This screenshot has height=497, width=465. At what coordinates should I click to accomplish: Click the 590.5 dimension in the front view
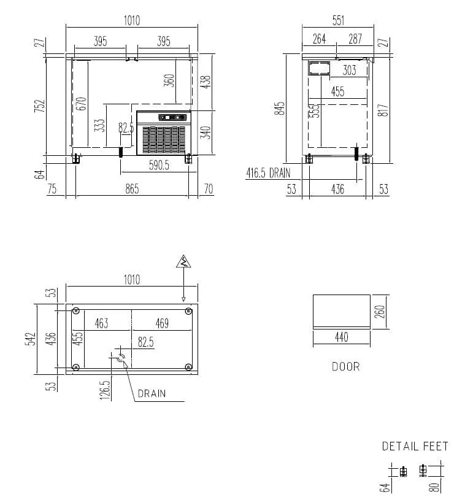pyautogui.click(x=159, y=165)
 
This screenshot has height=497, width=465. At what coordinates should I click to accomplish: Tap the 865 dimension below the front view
pyautogui.click(x=132, y=189)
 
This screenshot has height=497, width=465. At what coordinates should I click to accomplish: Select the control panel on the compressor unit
pyautogui.click(x=172, y=118)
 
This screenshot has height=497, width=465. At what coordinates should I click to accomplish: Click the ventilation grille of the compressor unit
pyautogui.click(x=164, y=140)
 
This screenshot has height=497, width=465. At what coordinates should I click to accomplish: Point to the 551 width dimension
pyautogui.click(x=338, y=21)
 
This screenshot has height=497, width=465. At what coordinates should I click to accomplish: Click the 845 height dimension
pyautogui.click(x=280, y=109)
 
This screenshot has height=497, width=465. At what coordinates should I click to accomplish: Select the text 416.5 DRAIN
pyautogui.click(x=268, y=173)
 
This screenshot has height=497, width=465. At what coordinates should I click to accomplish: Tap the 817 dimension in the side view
pyautogui.click(x=383, y=110)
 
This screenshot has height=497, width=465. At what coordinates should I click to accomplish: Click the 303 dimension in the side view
pyautogui.click(x=349, y=70)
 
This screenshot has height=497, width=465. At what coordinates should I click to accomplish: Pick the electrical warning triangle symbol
pyautogui.click(x=183, y=261)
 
